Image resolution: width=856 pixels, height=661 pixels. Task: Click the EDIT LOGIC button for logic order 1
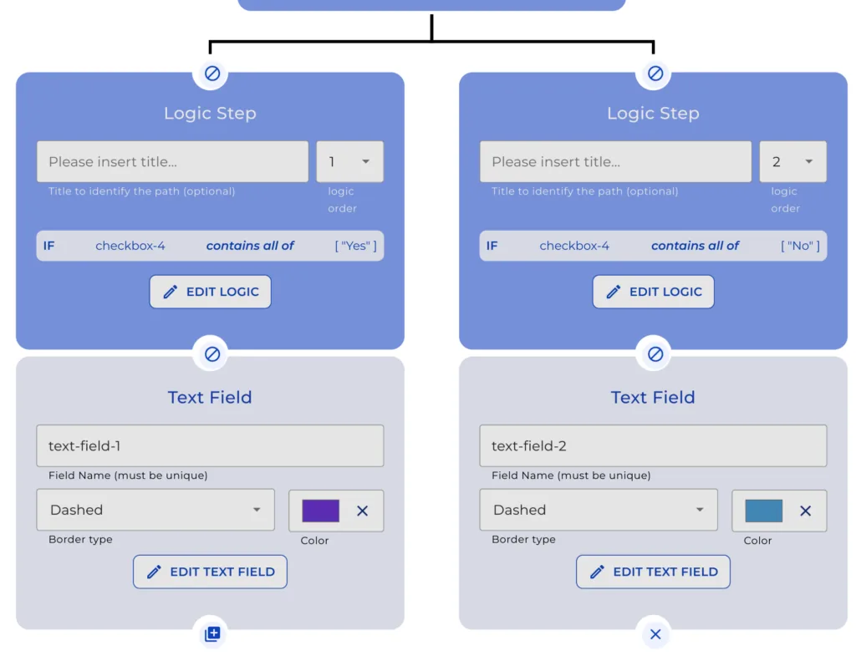point(210,292)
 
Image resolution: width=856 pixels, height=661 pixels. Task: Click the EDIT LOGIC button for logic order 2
point(653,292)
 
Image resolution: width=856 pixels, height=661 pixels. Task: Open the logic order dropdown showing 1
point(349,162)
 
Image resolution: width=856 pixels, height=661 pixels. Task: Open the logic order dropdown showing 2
point(792,162)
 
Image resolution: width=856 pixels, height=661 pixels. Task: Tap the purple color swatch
point(320,511)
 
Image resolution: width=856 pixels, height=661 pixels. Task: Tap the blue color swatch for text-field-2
point(763,511)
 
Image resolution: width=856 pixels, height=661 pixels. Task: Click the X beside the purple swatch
point(362,511)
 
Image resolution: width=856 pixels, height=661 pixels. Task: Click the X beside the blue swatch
point(805,511)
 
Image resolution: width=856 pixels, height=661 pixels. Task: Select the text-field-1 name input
point(210,446)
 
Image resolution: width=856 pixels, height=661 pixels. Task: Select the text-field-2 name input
point(653,446)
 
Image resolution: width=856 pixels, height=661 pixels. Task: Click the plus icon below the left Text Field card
point(212,634)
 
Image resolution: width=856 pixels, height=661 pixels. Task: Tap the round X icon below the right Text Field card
point(655,634)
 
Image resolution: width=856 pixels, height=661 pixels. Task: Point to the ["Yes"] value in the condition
point(356,246)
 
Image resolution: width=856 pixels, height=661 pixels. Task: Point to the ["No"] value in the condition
point(800,246)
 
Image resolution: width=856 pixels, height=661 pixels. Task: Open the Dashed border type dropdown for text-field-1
point(155,510)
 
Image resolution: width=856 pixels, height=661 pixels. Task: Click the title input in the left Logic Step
point(172,162)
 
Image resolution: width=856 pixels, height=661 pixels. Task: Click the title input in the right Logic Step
point(615,162)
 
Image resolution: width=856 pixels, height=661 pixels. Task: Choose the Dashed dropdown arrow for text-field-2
point(700,510)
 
